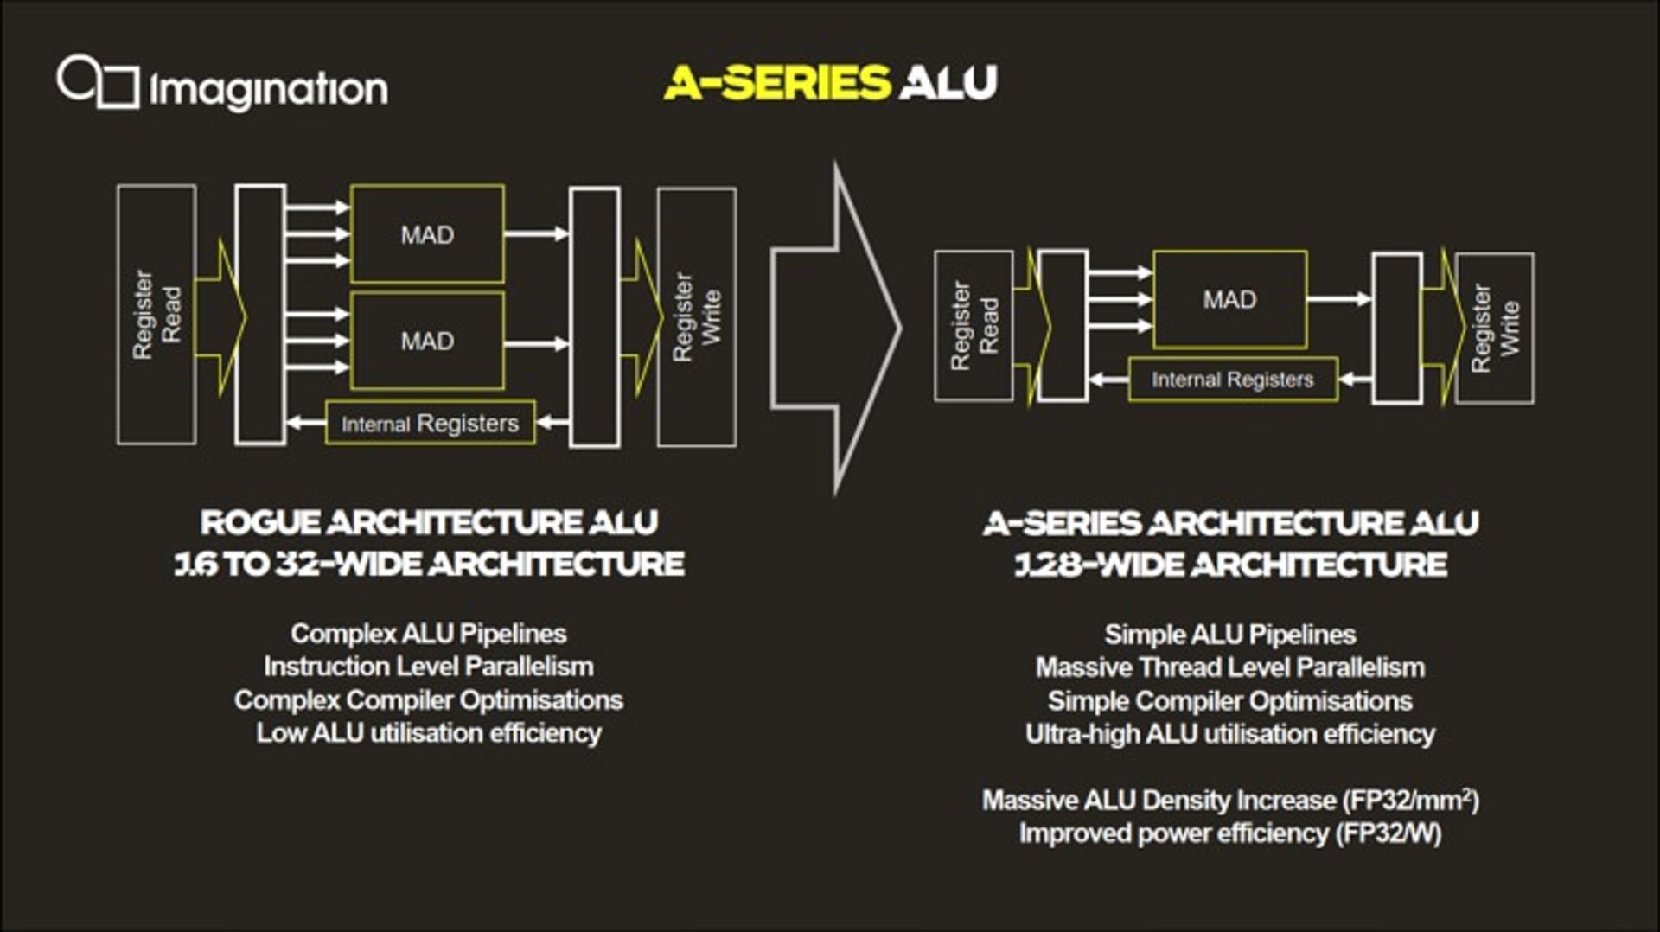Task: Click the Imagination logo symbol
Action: click(98, 82)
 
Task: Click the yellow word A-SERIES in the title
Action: click(776, 83)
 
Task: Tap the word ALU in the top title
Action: click(948, 83)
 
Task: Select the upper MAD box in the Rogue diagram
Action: click(427, 233)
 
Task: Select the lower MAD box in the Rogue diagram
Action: click(427, 341)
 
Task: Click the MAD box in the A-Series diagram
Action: click(1229, 299)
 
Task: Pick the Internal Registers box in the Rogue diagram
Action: click(430, 423)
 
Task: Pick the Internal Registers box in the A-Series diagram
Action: click(1233, 380)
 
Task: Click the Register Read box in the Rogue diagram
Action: click(156, 315)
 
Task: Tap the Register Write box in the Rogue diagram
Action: click(697, 317)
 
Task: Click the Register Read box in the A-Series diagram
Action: click(974, 326)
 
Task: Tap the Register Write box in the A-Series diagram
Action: click(1495, 329)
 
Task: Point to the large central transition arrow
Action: click(835, 328)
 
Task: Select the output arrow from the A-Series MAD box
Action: click(1339, 299)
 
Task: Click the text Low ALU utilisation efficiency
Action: click(429, 733)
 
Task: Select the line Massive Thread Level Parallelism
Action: click(1230, 667)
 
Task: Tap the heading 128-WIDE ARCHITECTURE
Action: click(1230, 565)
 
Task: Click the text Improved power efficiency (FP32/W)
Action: click(1230, 833)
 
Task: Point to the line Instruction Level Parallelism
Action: click(429, 667)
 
